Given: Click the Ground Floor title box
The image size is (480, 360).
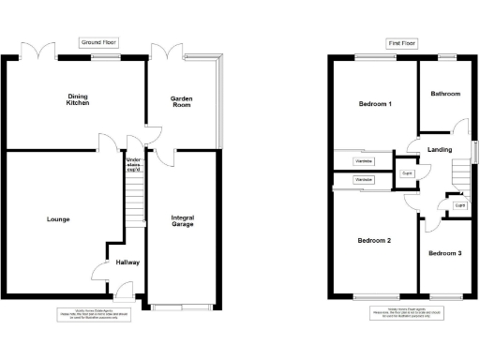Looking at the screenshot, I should point(98,43).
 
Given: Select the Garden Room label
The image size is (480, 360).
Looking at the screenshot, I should point(181,101).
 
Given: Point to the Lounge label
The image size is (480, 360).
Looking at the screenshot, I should point(57,219).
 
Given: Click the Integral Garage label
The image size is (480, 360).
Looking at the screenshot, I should point(183,222).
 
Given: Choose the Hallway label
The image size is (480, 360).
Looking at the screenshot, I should point(127,262).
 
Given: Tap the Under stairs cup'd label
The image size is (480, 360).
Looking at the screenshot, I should point(134,165).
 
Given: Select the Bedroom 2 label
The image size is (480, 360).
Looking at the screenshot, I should point(374,241).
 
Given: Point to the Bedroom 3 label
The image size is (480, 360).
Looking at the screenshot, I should point(445,253).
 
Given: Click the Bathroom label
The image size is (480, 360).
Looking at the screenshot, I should point(445,94).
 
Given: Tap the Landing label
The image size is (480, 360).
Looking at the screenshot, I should point(439,150).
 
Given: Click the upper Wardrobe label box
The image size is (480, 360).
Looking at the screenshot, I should point(364,162).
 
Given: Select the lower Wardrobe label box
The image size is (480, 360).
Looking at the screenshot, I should point(364,179).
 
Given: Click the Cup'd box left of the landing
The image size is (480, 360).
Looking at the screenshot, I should point(408,174).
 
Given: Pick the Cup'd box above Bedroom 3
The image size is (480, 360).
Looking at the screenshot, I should point(459,204).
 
